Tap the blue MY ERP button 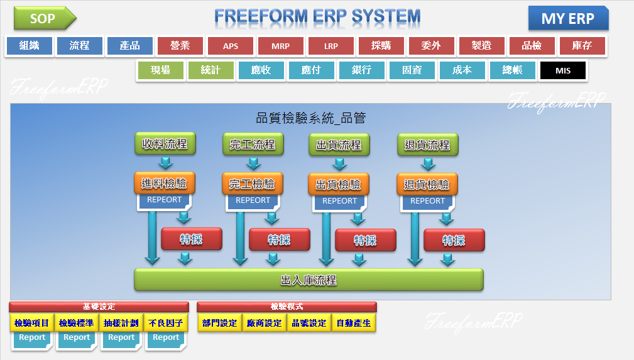pos(568,19)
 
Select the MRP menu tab pos(280,46)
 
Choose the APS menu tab pos(230,46)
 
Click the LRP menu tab pos(331,46)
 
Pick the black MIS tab pos(562,70)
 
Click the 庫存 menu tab pos(582,46)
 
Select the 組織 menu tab pos(29,46)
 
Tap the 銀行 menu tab pos(361,70)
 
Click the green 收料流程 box pos(165,144)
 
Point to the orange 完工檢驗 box pos(252,184)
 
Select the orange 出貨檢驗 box pos(338,185)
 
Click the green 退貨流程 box pos(427,145)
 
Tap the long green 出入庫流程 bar pos(309,280)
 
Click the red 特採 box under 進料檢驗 pos(191,239)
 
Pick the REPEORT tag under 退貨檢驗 pos(427,201)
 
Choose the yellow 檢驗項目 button pos(32,323)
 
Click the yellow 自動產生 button pos(354,323)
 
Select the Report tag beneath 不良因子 pos(166,338)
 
